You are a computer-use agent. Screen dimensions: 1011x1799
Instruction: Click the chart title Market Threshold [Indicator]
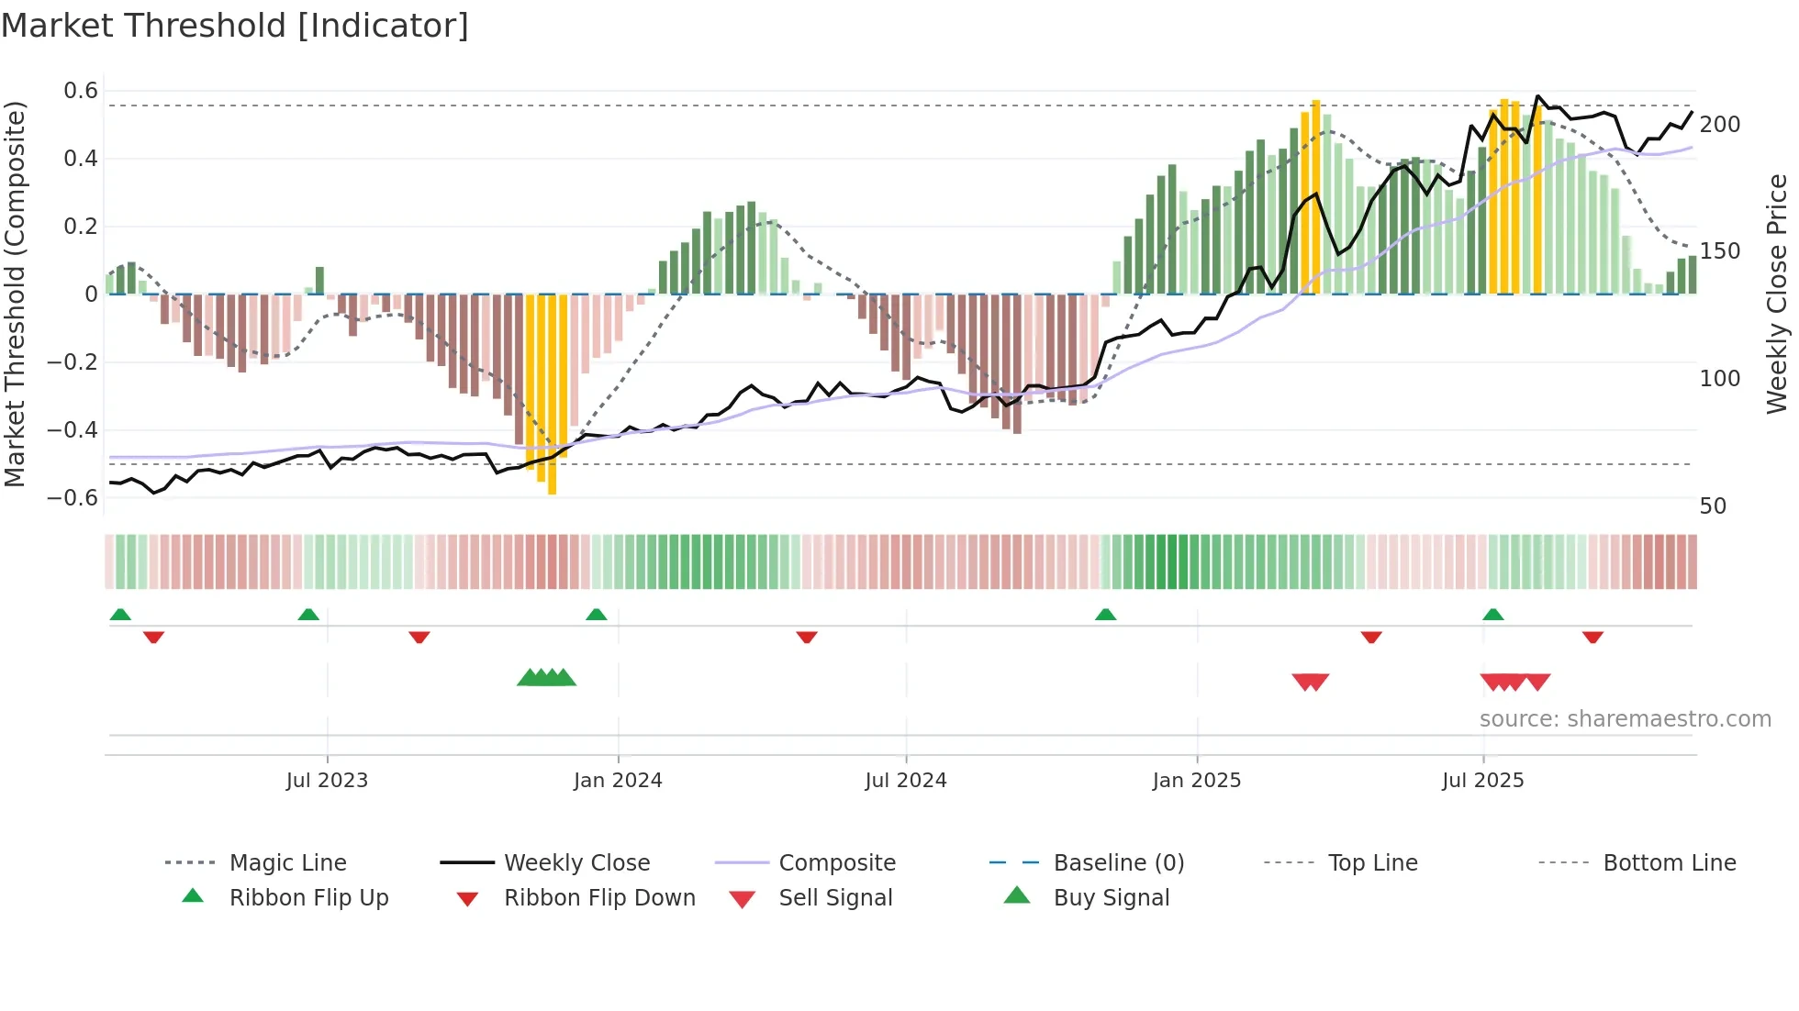click(x=235, y=26)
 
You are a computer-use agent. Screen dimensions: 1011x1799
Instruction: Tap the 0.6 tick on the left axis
click(x=81, y=91)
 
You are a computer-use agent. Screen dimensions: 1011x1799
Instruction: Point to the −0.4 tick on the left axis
click(x=73, y=430)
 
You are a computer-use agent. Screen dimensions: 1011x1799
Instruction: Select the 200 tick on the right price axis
click(x=1719, y=125)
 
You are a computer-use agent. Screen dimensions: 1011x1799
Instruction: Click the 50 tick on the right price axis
click(x=1713, y=506)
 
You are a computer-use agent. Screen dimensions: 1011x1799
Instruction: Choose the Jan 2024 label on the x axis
click(x=618, y=781)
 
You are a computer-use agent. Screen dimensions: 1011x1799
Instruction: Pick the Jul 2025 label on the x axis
click(x=1482, y=781)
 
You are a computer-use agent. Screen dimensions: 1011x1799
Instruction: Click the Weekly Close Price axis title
click(x=1777, y=294)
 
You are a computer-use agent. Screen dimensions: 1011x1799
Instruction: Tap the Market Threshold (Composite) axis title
click(x=15, y=294)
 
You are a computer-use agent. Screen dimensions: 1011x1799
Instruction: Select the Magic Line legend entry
click(x=287, y=863)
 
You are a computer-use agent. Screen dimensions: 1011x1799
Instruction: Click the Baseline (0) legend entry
click(x=1118, y=863)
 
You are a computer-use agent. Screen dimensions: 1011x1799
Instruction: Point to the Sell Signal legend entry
click(x=834, y=898)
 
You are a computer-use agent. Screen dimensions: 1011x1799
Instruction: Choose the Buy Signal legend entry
click(x=1111, y=898)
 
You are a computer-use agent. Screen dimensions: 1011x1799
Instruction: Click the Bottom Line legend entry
click(x=1669, y=863)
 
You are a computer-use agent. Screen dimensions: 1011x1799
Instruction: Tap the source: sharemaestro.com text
click(x=1625, y=719)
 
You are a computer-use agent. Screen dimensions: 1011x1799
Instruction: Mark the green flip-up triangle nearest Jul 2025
click(x=1492, y=615)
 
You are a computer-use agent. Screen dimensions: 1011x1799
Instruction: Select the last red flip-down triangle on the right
click(x=1592, y=637)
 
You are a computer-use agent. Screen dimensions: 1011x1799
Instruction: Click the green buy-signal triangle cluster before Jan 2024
click(x=546, y=678)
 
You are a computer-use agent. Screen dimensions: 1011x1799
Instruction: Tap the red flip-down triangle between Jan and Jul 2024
click(x=806, y=637)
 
